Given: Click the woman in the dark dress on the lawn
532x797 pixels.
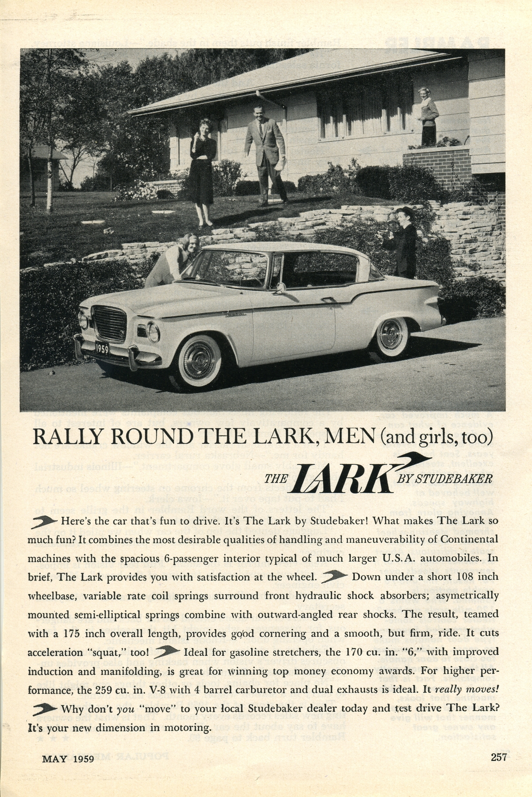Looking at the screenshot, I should click(x=203, y=166).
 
